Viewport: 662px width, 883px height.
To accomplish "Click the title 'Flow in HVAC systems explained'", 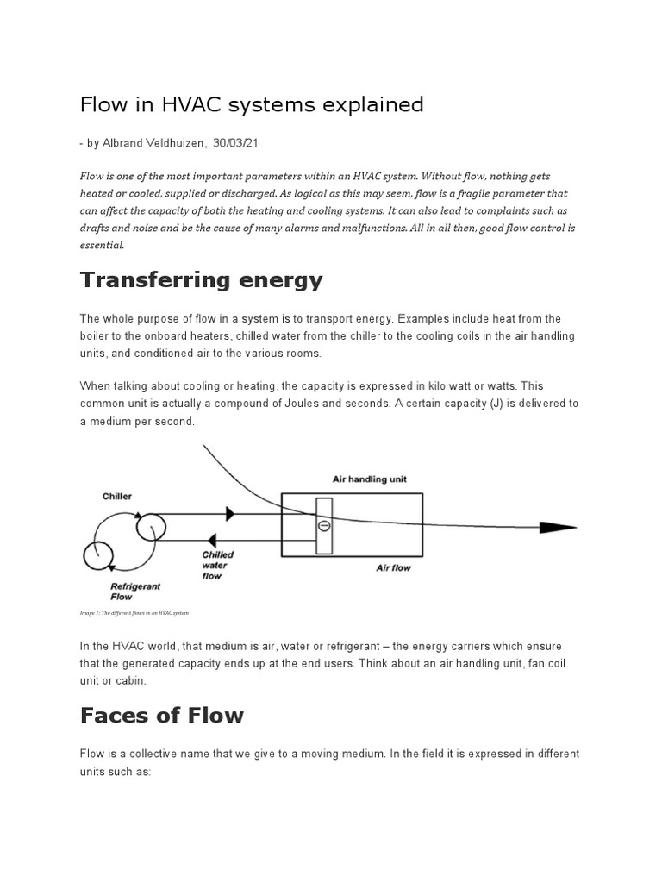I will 252,105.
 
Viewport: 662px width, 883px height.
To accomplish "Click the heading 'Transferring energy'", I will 201,280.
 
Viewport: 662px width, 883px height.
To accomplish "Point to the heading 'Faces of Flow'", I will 162,715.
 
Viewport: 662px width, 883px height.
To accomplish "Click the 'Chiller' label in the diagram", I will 117,497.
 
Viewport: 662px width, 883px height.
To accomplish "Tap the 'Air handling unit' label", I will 370,479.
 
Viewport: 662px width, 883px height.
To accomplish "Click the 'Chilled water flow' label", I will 217,566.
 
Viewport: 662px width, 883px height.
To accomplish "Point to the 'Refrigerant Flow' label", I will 134,591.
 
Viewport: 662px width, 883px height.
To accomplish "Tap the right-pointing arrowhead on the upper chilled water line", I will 228,514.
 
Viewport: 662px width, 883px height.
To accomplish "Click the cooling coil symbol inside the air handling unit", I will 323,525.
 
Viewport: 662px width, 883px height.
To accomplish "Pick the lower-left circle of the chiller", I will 97,555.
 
